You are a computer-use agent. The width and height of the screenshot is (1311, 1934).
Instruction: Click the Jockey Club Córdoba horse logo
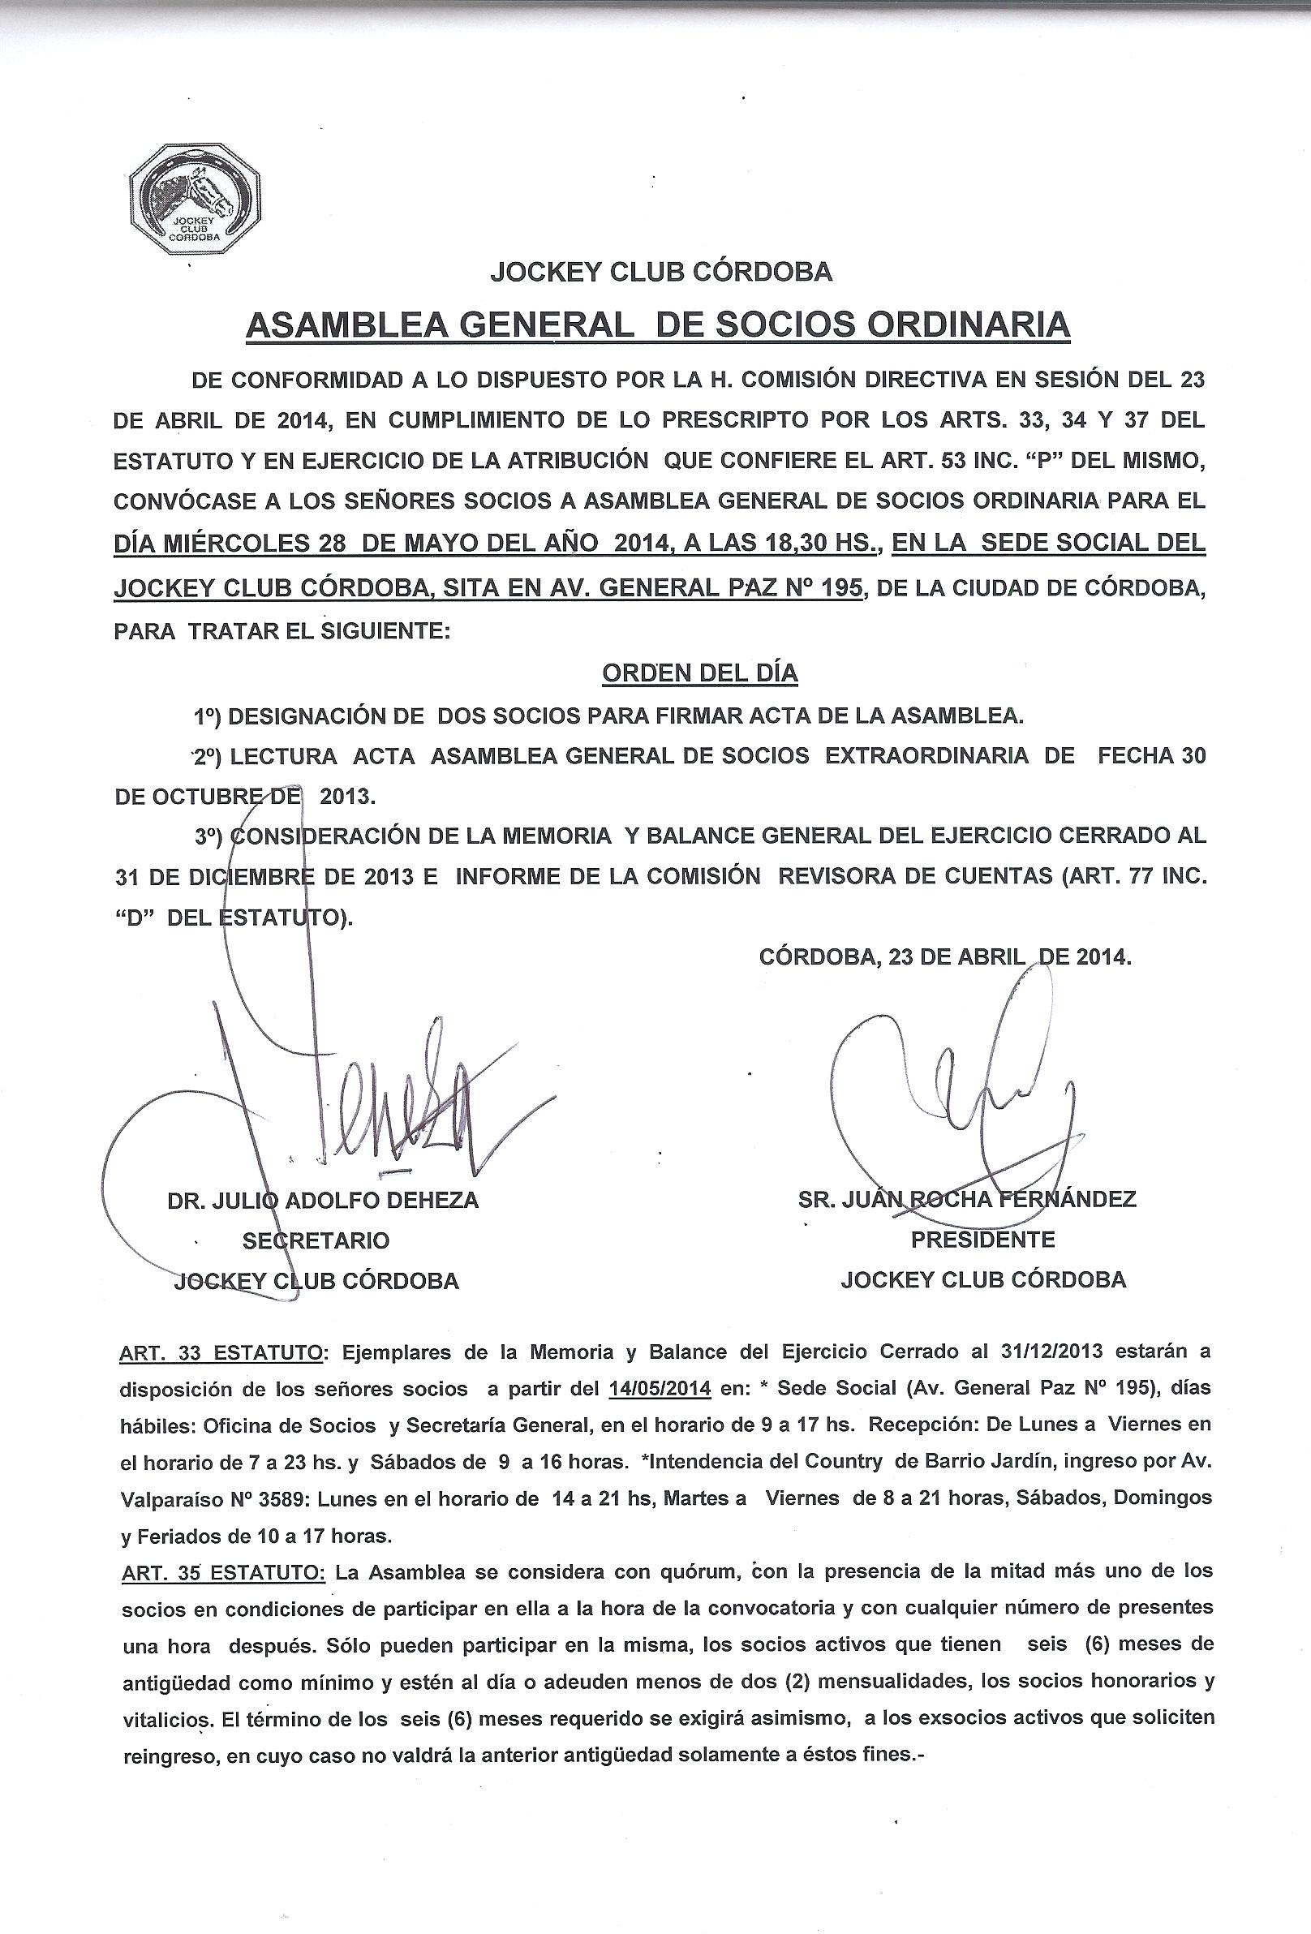pyautogui.click(x=196, y=197)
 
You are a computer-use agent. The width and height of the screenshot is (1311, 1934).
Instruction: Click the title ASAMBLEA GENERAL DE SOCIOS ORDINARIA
pyautogui.click(x=658, y=324)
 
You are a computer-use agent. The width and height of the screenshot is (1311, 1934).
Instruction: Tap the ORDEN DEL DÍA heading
pyautogui.click(x=699, y=673)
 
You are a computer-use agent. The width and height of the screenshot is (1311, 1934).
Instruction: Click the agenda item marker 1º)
pyautogui.click(x=204, y=715)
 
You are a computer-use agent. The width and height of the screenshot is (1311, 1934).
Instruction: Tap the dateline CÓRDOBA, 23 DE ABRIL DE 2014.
pyautogui.click(x=945, y=956)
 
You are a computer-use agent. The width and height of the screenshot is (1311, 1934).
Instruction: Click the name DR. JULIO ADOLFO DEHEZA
pyautogui.click(x=323, y=1200)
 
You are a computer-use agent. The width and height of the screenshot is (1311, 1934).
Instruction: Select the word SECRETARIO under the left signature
pyautogui.click(x=316, y=1240)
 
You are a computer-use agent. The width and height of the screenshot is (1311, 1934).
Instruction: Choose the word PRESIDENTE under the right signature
pyautogui.click(x=982, y=1240)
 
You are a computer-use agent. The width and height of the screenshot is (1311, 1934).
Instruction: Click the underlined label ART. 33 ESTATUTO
pyautogui.click(x=221, y=1352)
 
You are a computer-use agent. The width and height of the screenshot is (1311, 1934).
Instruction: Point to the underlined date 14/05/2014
pyautogui.click(x=660, y=1388)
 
